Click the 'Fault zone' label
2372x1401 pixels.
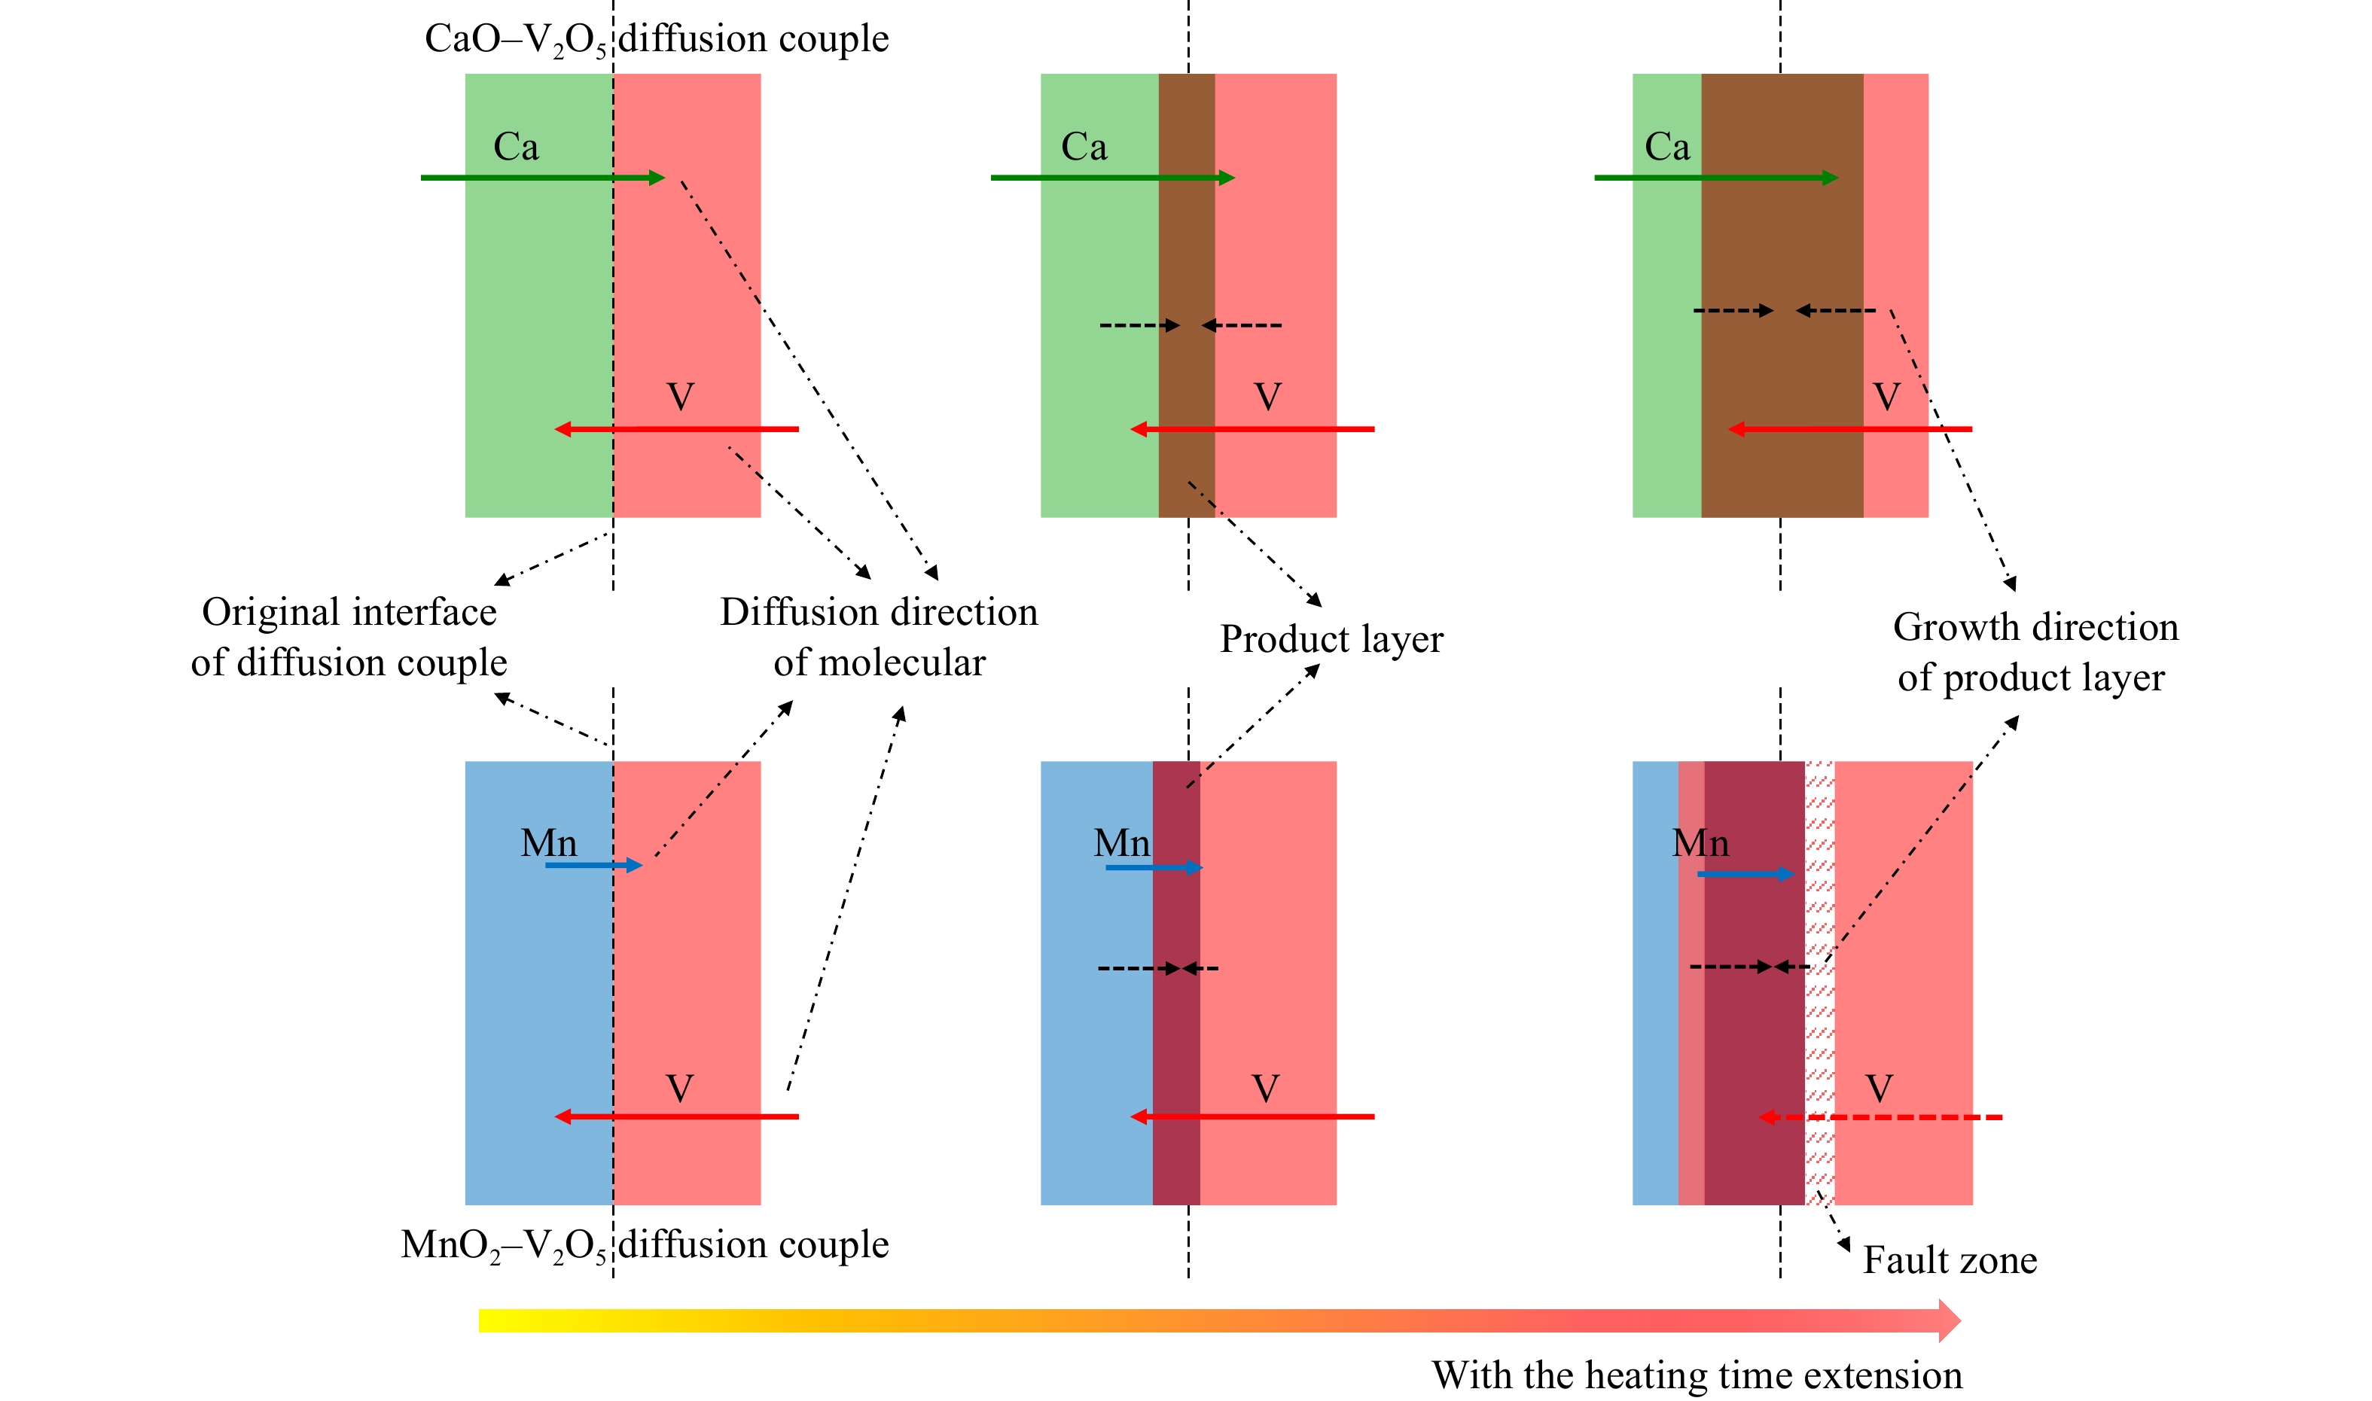[x=1949, y=1260]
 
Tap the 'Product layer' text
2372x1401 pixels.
[x=1331, y=639]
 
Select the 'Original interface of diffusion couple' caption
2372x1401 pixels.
[x=349, y=637]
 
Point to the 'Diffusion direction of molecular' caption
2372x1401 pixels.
[x=879, y=637]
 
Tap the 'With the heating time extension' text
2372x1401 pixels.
[x=1697, y=1375]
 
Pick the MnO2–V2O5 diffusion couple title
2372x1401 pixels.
[x=645, y=1246]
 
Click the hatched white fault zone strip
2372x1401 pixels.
[x=1819, y=982]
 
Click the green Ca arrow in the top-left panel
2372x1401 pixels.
[x=543, y=178]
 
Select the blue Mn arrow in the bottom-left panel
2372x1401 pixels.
[x=594, y=865]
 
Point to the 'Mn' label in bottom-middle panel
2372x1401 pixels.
[x=1122, y=843]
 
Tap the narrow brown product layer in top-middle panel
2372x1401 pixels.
[x=1186, y=296]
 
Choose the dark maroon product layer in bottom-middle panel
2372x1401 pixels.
[x=1176, y=982]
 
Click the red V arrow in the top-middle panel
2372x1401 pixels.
[x=1252, y=430]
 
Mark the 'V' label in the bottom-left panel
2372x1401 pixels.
[x=680, y=1089]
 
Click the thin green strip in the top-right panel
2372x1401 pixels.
[x=1666, y=296]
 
